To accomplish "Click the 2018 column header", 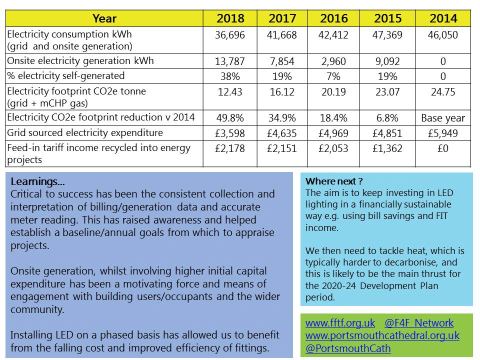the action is tap(230, 18).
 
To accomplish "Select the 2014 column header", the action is tap(443, 18).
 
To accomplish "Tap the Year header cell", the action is tap(104, 18).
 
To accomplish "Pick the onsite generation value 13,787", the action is tap(230, 61).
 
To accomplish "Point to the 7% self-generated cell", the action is tap(333, 76).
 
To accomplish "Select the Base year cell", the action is tap(443, 118).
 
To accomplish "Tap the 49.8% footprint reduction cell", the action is tap(230, 118).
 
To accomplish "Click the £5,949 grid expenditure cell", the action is tap(443, 133).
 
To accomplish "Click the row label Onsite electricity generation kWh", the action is tap(80, 60).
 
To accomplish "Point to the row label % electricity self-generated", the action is tap(66, 75).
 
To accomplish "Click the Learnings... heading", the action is tap(37, 181).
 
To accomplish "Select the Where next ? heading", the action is tap(334, 181).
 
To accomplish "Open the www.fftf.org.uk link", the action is tap(340, 323).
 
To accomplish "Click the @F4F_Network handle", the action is tap(419, 323).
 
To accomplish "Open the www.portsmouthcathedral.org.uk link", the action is tap(382, 335).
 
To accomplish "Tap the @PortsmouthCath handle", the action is tap(348, 348).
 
